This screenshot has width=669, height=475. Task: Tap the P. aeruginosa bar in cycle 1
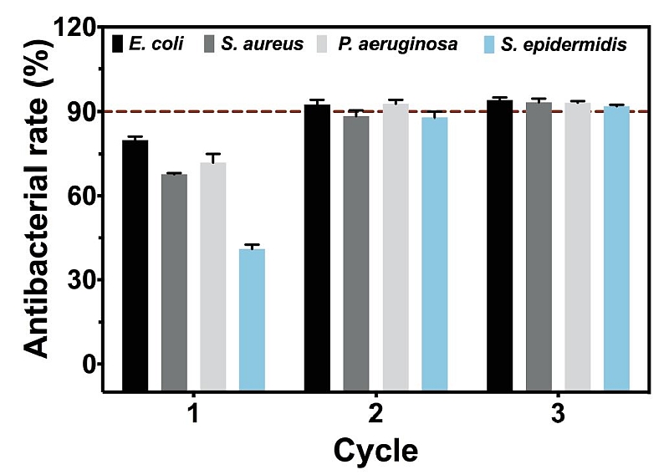click(212, 276)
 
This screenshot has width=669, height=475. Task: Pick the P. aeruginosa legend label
click(397, 43)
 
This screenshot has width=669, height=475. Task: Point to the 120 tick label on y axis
click(76, 28)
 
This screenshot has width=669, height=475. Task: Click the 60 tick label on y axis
click(83, 196)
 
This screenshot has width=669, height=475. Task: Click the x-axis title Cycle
click(375, 452)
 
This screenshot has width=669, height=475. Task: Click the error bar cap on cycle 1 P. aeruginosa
click(212, 154)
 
